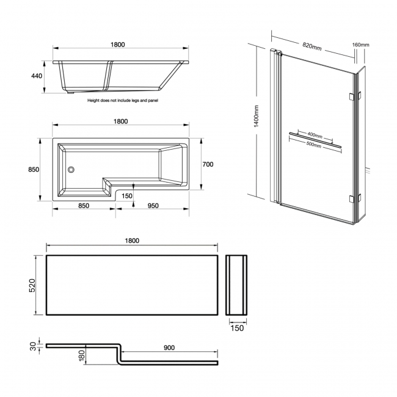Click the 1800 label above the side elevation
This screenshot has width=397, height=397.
pos(118,45)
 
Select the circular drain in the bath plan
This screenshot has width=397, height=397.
pos(71,171)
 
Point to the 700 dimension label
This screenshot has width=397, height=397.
pos(208,164)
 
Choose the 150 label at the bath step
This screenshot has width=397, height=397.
pos(127,196)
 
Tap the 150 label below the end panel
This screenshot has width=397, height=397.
pos(237,328)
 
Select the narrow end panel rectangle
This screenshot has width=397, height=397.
pos(236,286)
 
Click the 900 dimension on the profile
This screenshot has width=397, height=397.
pos(169,348)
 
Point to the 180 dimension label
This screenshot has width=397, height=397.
pos(81,355)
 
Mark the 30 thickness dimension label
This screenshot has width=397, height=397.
pos(33,346)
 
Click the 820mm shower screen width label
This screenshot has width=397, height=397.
pos(311,45)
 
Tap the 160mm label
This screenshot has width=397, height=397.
pos(361,45)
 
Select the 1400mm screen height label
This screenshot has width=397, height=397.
pos(257,116)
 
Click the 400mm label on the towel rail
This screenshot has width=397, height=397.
pos(315,134)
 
